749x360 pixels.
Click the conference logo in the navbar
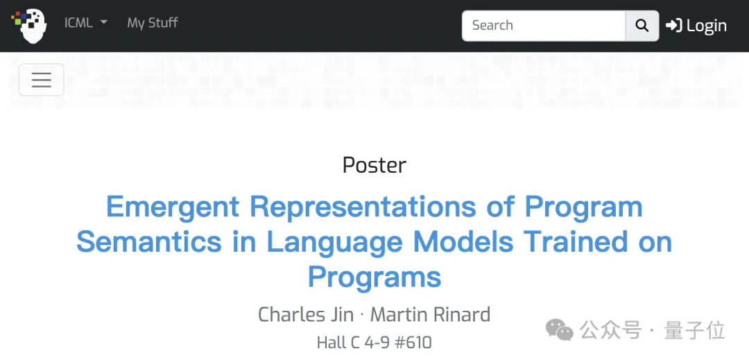tap(30, 25)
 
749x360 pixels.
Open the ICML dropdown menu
tap(86, 23)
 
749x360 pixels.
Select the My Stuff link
tap(153, 23)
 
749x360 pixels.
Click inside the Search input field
tap(544, 25)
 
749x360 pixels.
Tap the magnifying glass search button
tap(642, 25)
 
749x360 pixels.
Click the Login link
tap(696, 25)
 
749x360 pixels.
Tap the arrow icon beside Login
tap(673, 25)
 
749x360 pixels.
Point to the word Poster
tap(374, 165)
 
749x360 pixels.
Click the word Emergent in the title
tap(173, 207)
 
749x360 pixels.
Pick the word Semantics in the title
tap(149, 242)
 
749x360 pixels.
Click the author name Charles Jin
tap(306, 315)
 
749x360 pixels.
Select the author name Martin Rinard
tap(431, 315)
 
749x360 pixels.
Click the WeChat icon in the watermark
tap(560, 330)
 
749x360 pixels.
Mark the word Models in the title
tap(463, 242)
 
